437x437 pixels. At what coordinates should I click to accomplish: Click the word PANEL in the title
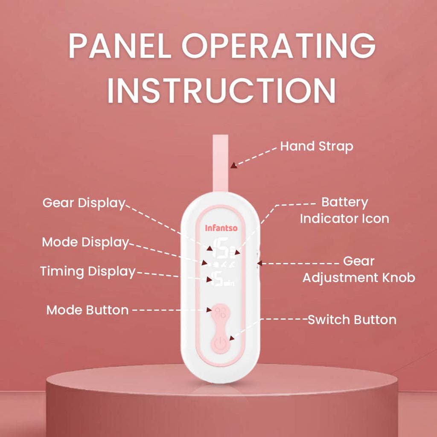(120, 45)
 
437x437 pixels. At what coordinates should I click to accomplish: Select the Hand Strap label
(317, 147)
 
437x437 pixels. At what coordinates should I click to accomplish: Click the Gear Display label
(84, 203)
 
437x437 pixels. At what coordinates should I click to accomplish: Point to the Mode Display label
(85, 242)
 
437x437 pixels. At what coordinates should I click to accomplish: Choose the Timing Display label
(88, 272)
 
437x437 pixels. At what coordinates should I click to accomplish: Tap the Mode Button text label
(87, 310)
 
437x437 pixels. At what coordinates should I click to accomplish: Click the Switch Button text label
(352, 320)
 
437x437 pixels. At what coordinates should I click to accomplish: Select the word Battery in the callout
(345, 203)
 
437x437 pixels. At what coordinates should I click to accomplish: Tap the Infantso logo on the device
(221, 228)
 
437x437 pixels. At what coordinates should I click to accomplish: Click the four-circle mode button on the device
(221, 312)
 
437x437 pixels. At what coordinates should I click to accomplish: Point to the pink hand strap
(221, 163)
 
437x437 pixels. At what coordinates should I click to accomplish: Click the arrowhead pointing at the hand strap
(234, 165)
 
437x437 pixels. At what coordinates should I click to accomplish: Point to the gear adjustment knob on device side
(257, 259)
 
